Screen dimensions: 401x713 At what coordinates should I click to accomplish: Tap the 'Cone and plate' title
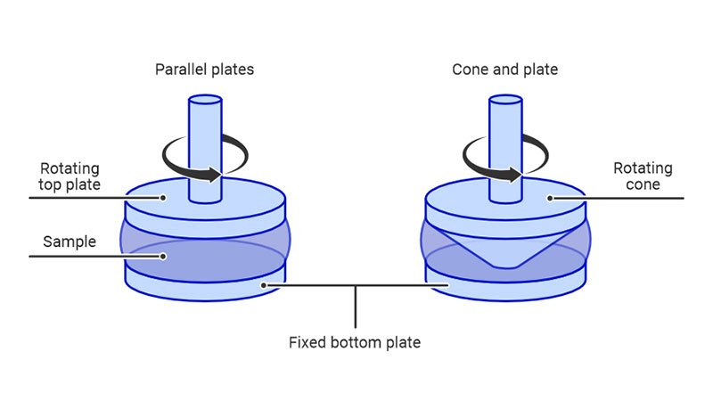point(504,70)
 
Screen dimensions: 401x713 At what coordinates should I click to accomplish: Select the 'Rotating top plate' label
point(70,176)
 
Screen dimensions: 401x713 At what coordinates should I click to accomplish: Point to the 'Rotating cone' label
point(643,176)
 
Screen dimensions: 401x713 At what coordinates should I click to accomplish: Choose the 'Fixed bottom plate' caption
point(354,341)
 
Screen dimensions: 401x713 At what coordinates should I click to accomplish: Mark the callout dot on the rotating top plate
point(164,199)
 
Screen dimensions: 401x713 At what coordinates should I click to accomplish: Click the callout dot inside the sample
point(164,258)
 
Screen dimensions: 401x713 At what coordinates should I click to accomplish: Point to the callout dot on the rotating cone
point(550,198)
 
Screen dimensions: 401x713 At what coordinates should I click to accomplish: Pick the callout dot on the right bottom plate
point(450,285)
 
